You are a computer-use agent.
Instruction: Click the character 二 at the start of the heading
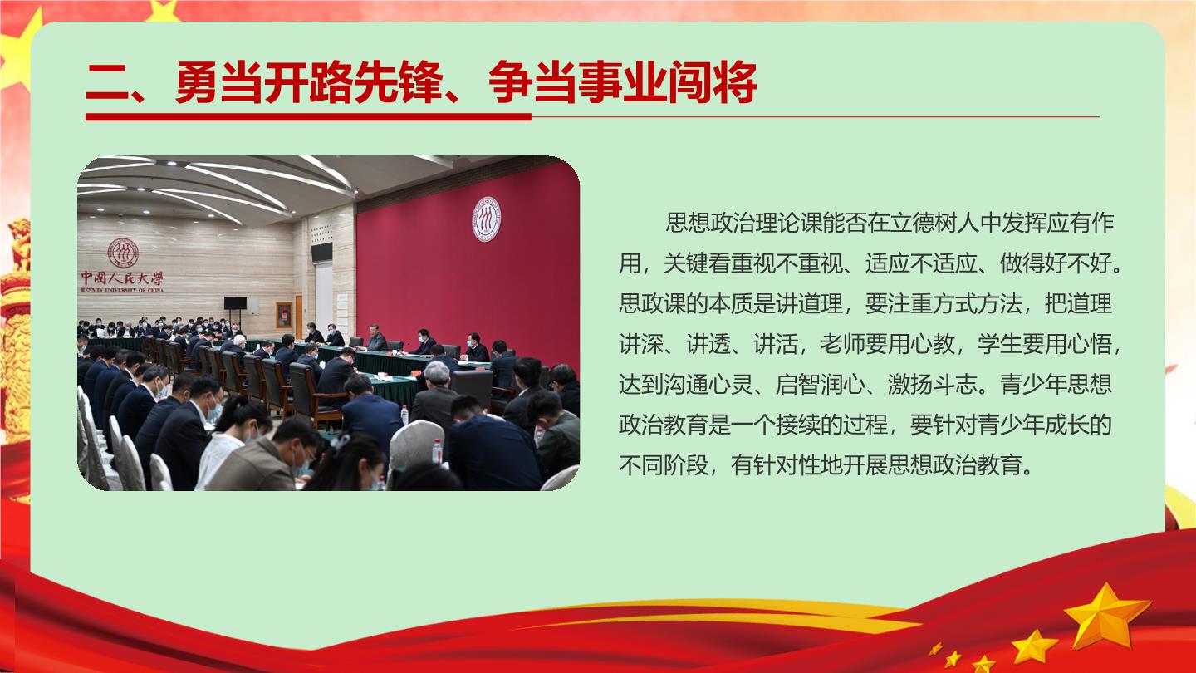point(108,83)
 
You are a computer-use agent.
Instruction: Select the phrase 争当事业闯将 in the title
point(623,82)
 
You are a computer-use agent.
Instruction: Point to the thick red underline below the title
point(309,116)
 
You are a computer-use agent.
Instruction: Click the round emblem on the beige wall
point(123,252)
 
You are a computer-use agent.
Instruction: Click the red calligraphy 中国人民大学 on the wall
point(122,278)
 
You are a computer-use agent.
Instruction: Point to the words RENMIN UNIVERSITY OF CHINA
point(122,290)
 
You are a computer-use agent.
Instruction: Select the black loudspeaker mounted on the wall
point(322,252)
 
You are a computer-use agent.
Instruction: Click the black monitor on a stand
point(236,303)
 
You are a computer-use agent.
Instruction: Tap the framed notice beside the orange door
point(284,315)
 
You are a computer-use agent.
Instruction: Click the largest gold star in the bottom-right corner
point(1106,616)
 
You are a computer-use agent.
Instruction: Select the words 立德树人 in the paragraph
point(935,223)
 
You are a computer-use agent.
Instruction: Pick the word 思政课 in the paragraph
point(653,303)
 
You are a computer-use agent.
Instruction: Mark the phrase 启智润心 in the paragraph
point(820,385)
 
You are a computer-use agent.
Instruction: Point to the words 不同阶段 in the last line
point(664,465)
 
